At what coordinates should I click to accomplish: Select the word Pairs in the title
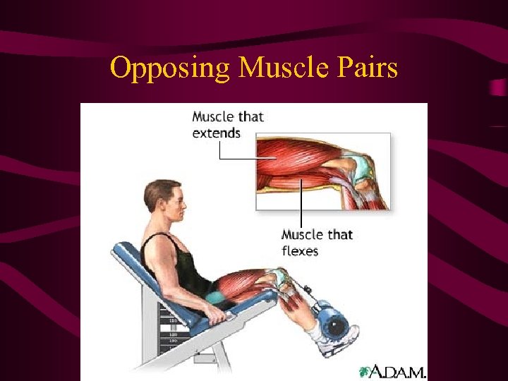[x=368, y=68]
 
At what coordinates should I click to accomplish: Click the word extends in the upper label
[x=217, y=133]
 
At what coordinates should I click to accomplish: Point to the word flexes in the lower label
[x=300, y=251]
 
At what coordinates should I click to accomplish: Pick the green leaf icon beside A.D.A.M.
[x=365, y=371]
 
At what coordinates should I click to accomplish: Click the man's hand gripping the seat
[x=220, y=317]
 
